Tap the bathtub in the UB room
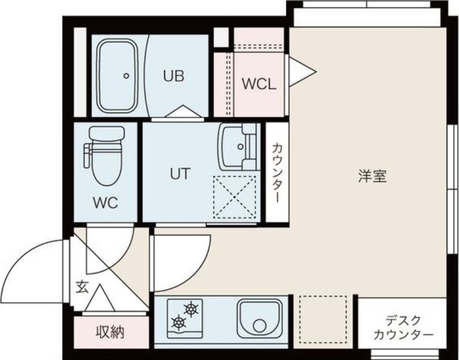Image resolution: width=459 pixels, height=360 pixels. click(x=118, y=76)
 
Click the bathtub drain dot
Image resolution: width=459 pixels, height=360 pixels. click(x=125, y=76)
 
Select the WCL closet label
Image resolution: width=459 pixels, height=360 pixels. click(x=259, y=84)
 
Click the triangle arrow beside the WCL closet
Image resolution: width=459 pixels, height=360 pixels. click(x=301, y=72)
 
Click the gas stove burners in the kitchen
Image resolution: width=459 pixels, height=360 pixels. click(x=185, y=316)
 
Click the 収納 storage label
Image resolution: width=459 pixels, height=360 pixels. click(x=110, y=331)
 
